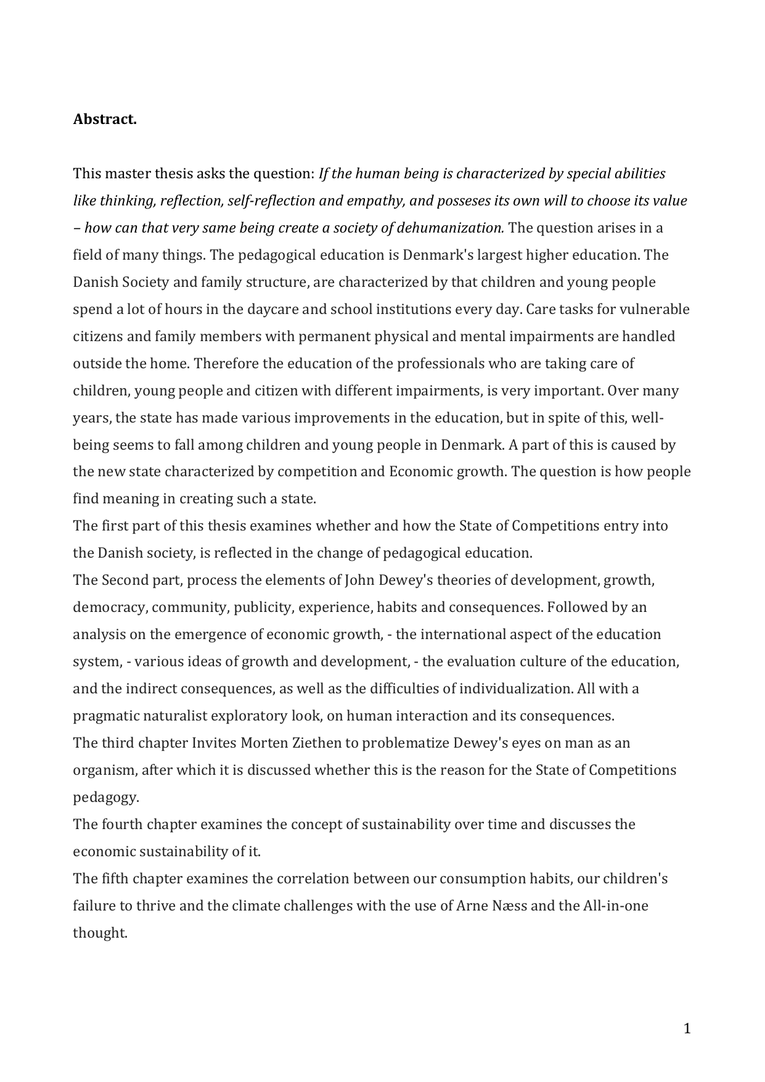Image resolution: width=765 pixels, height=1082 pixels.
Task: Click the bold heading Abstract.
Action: click(105, 119)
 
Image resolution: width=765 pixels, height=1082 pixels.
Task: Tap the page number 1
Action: click(687, 1028)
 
